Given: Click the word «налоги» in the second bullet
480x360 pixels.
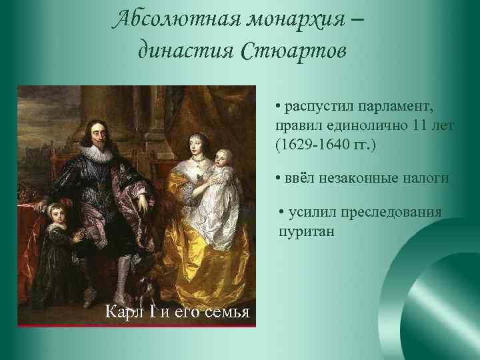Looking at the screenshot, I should click(425, 178).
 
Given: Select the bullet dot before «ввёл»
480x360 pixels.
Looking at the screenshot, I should click(277, 178).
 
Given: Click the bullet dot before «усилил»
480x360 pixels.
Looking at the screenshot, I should click(283, 213).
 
